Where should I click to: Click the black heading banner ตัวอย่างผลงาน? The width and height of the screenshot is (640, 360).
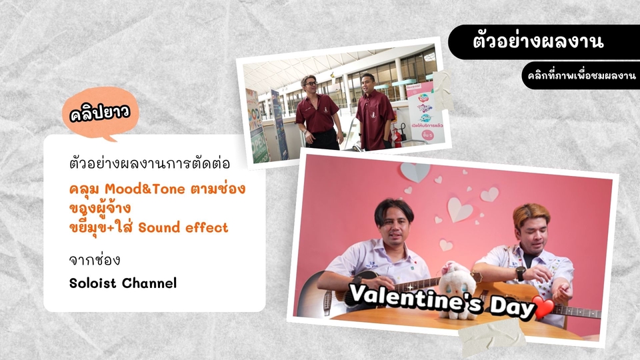[x=538, y=41]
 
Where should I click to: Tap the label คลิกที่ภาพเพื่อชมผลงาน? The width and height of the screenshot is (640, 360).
[x=579, y=75]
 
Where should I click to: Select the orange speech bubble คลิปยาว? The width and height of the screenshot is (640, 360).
[x=100, y=114]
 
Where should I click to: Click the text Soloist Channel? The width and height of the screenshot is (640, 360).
[x=123, y=283]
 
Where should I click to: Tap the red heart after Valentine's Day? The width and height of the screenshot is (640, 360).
[x=544, y=309]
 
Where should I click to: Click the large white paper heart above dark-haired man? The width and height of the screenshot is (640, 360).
[x=460, y=209]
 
